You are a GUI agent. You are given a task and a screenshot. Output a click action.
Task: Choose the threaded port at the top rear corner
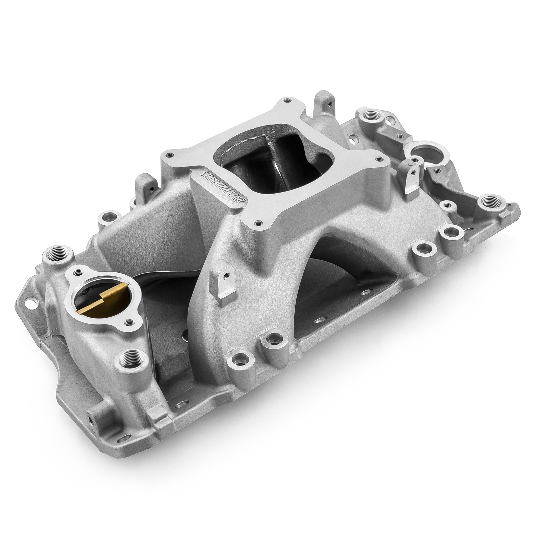pyautogui.click(x=369, y=116)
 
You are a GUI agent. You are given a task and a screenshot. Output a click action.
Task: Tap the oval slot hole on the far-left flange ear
pyautogui.click(x=32, y=304)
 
